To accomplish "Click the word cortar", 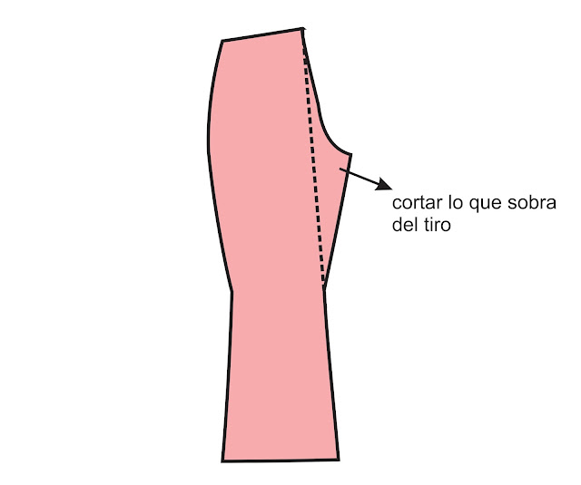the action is click(x=414, y=202).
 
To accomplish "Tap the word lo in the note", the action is click(x=452, y=202).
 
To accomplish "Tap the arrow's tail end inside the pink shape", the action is click(x=340, y=168).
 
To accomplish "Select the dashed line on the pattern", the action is click(x=314, y=163).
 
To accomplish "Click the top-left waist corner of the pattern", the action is click(x=222, y=41).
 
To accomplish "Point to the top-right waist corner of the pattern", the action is click(x=301, y=30).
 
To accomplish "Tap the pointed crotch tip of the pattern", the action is click(x=350, y=154).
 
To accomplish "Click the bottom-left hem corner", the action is click(x=222, y=460).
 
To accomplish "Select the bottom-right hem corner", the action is click(x=339, y=459).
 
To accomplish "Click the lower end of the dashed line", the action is click(x=324, y=286).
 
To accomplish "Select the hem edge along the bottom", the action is click(x=281, y=460).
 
